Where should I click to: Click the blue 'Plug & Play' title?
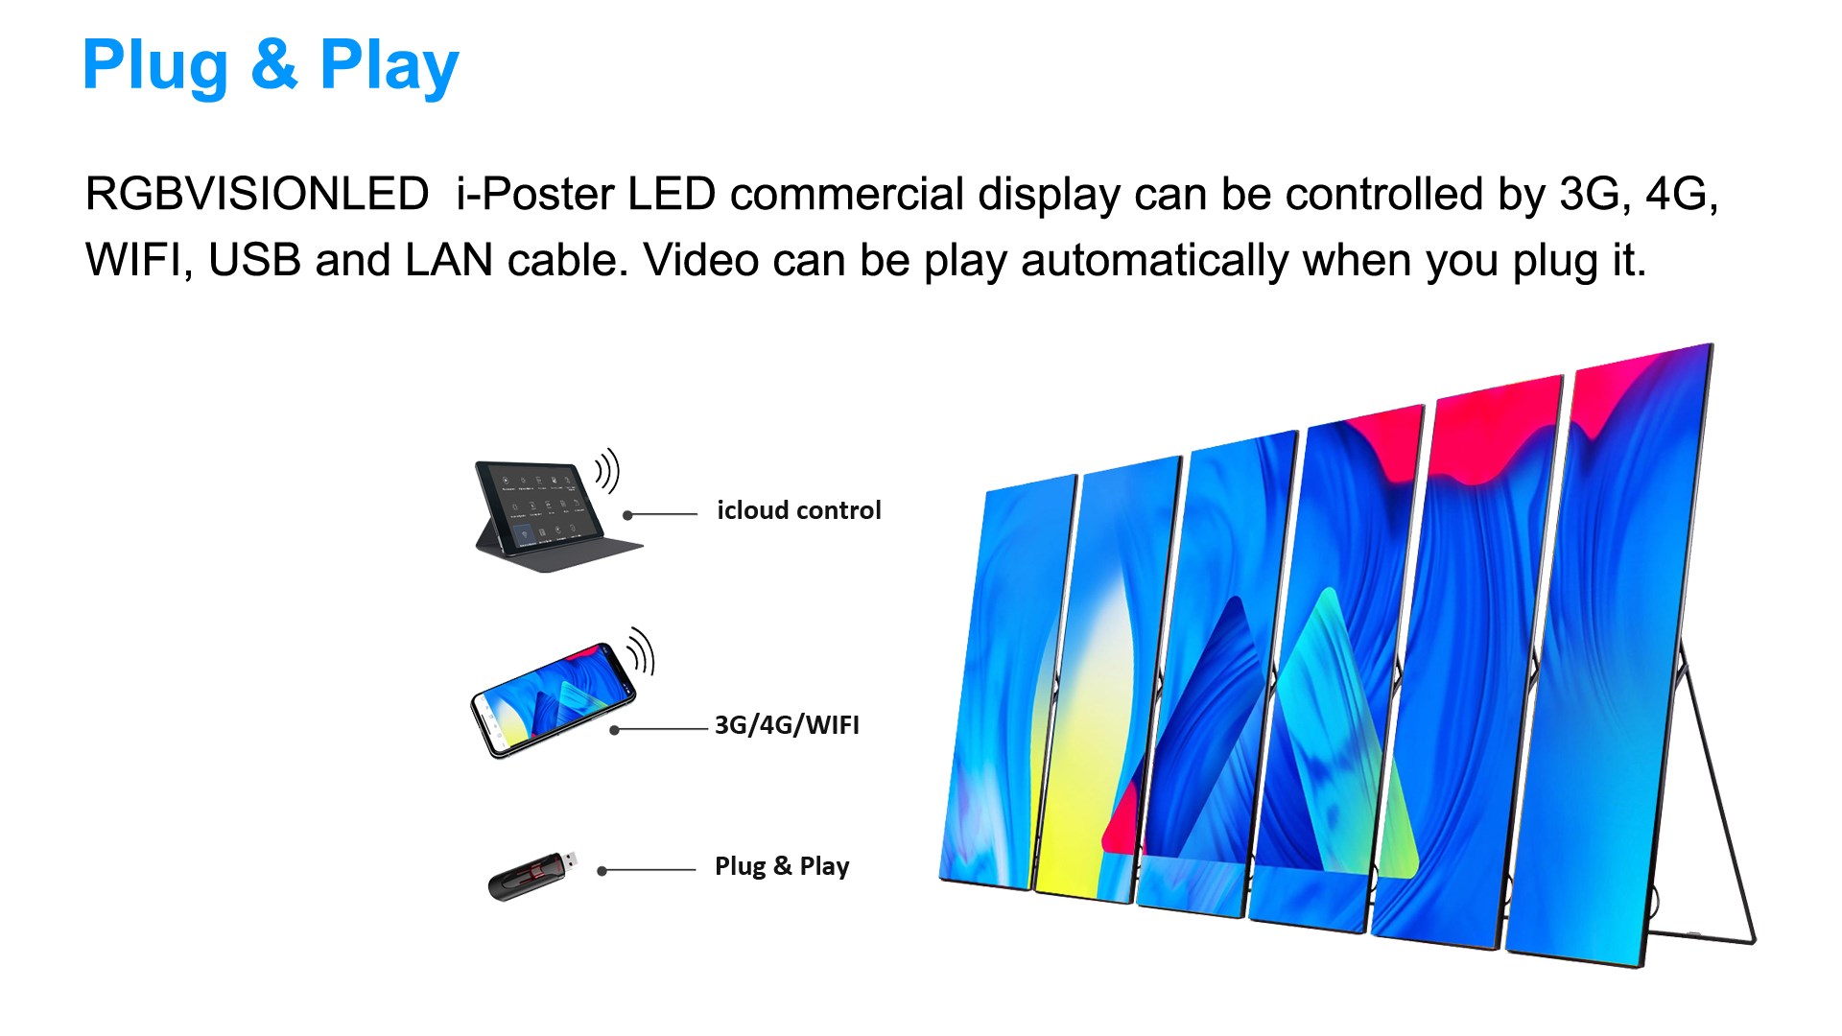[271, 65]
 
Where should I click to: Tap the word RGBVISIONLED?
[257, 194]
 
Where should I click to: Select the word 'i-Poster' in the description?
[534, 194]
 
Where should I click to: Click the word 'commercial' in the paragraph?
[846, 194]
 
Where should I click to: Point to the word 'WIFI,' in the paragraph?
[139, 260]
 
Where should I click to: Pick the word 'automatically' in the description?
[1154, 261]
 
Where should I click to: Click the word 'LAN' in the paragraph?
[448, 260]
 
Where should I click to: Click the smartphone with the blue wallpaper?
[553, 699]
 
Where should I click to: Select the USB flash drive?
[533, 875]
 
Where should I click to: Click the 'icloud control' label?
[798, 510]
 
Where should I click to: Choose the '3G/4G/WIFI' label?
[787, 725]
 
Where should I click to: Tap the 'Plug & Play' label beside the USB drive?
[782, 866]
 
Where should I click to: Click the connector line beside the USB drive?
[647, 871]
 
